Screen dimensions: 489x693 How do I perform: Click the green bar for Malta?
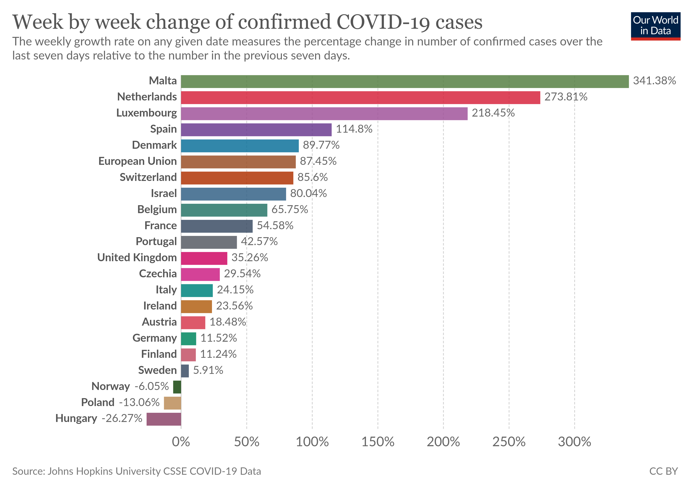(x=404, y=81)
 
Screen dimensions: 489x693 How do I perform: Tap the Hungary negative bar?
(x=164, y=419)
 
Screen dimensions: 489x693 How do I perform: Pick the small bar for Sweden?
(x=185, y=371)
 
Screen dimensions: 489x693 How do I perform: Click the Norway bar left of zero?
(x=177, y=387)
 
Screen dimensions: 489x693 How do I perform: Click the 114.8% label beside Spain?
(x=354, y=129)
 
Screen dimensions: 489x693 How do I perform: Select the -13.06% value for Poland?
(x=139, y=402)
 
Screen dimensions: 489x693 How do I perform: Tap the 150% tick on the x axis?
(x=378, y=442)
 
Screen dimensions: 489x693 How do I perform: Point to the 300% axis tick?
(x=574, y=442)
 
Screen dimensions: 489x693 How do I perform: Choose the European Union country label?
(x=137, y=161)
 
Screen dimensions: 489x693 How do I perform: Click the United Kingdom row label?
(x=137, y=258)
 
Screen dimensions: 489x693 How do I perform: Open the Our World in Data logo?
(x=655, y=26)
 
